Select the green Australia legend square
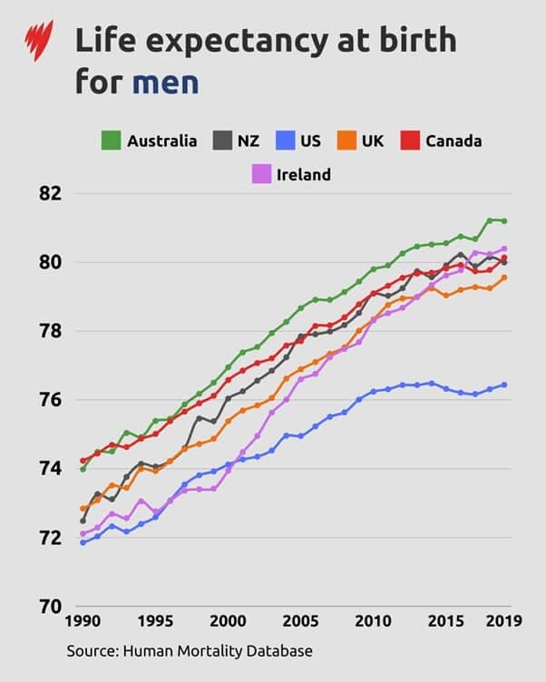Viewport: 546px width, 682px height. click(112, 141)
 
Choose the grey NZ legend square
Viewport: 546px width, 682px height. click(222, 141)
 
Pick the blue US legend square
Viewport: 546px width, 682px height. click(285, 141)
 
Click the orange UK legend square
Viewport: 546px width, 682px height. click(346, 141)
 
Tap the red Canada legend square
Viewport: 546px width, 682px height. click(410, 141)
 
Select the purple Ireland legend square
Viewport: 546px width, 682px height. click(260, 173)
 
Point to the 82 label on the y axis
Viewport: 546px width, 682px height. click(50, 194)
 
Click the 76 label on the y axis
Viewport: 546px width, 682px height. click(50, 400)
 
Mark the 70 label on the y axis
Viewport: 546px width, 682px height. click(50, 606)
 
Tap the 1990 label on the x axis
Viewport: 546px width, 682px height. click(83, 622)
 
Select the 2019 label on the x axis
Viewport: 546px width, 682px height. click(502, 622)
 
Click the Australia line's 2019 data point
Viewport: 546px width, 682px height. click(504, 221)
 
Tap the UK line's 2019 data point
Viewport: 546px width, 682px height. click(504, 278)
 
